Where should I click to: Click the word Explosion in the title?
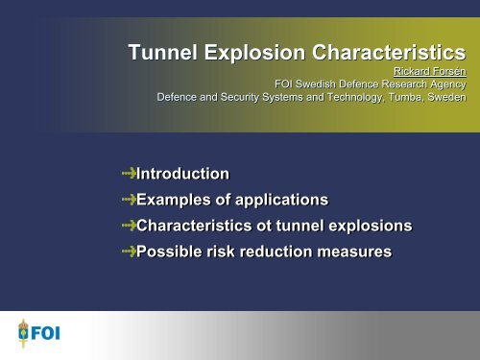[x=254, y=53]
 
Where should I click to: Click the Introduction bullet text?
[x=183, y=174]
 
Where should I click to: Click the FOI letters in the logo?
[x=44, y=335]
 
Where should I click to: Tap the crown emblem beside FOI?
[x=19, y=334]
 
